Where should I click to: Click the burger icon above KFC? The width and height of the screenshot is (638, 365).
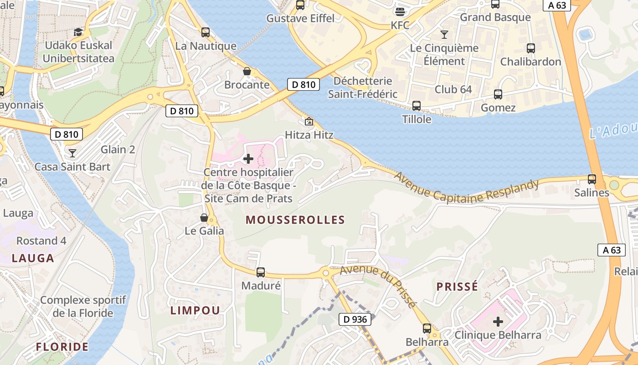(400, 11)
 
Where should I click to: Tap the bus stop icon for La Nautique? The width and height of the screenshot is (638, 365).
(206, 32)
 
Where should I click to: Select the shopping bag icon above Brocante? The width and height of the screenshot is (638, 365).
(247, 71)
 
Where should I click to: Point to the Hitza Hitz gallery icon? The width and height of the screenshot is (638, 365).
(309, 121)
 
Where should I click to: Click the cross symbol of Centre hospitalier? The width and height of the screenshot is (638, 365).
(248, 159)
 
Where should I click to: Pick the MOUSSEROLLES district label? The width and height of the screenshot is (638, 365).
(295, 220)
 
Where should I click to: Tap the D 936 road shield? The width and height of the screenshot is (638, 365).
(355, 319)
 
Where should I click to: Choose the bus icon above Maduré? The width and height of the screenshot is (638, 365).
(261, 272)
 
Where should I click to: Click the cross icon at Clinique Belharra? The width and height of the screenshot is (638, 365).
(498, 322)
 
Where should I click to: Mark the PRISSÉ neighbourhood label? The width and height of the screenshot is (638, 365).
(458, 287)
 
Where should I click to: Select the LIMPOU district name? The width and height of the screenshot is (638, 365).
(195, 310)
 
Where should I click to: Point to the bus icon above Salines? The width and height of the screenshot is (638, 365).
(592, 179)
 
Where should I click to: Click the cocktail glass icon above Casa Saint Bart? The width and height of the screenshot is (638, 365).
(72, 153)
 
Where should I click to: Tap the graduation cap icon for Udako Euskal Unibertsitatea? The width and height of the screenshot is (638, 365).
(78, 32)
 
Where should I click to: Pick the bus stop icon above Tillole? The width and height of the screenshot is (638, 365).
(417, 106)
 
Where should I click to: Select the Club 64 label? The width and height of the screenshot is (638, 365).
(453, 89)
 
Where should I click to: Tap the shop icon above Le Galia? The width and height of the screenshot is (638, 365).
(204, 218)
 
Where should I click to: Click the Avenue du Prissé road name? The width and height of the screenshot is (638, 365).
(378, 284)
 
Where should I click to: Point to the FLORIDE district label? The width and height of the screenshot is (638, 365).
(62, 347)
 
